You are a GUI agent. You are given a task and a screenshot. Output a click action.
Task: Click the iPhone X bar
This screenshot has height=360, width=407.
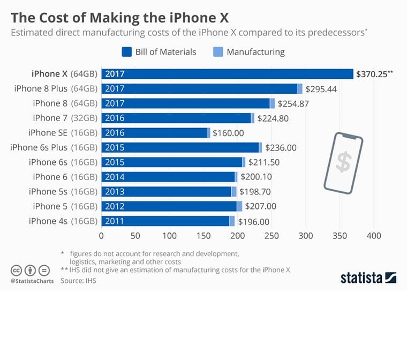coord(227,74)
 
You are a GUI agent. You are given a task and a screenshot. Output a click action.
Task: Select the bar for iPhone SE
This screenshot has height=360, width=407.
coord(155,133)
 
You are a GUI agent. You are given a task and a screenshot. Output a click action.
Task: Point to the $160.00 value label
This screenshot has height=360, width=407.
coord(228,133)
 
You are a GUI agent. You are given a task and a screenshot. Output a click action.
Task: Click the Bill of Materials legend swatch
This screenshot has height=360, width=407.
coord(127,52)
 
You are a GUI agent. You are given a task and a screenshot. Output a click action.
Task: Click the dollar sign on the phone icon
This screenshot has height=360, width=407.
coord(343,161)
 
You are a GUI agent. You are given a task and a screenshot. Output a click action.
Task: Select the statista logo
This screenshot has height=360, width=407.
coord(368,277)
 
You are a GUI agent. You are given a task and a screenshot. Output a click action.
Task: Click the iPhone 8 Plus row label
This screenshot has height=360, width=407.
coord(56,89)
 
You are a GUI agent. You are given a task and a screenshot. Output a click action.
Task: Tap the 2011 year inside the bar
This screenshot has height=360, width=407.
coord(115,221)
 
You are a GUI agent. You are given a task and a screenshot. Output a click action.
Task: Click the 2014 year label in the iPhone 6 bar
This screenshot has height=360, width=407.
coord(115,177)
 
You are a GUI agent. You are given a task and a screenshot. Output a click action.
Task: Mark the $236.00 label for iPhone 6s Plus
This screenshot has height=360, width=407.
coord(281,148)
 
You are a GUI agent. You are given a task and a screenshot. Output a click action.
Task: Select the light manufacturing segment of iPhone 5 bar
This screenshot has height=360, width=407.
coord(239,207)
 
